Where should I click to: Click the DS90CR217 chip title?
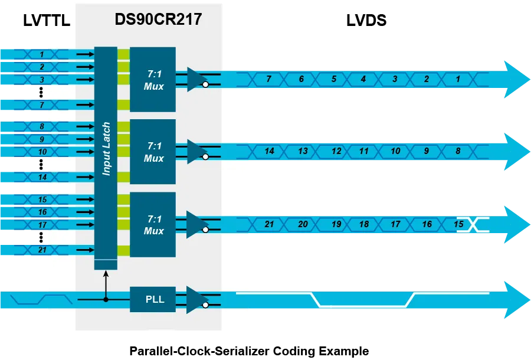(x=158, y=20)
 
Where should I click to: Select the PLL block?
(x=153, y=299)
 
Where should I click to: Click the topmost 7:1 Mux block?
(x=153, y=79)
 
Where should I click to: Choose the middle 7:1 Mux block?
(x=153, y=152)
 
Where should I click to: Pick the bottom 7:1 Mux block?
(x=153, y=224)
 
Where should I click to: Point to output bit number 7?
(x=268, y=78)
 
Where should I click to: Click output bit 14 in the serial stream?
(x=269, y=151)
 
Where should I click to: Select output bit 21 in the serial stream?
(x=269, y=224)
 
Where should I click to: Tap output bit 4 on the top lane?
(x=363, y=78)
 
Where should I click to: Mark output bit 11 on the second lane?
(x=364, y=151)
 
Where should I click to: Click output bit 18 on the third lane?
(x=364, y=224)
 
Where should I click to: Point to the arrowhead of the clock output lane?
(x=517, y=299)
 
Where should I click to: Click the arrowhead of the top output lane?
(x=517, y=78)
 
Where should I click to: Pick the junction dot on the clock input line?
(x=106, y=299)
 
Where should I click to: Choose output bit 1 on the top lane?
(x=457, y=78)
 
